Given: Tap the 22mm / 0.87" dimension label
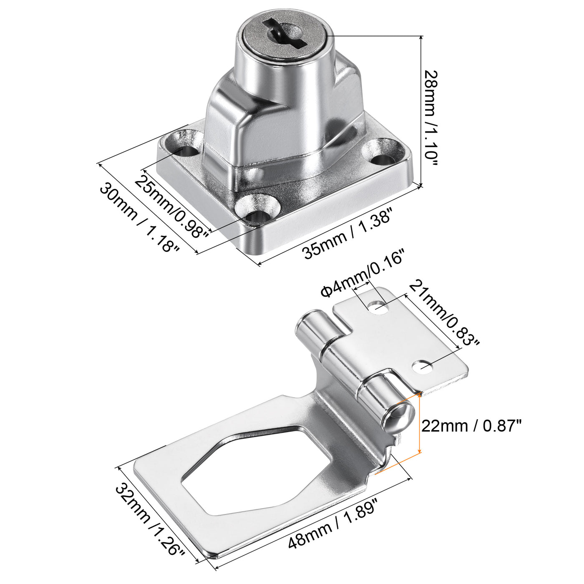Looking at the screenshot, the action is tap(471, 426).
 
